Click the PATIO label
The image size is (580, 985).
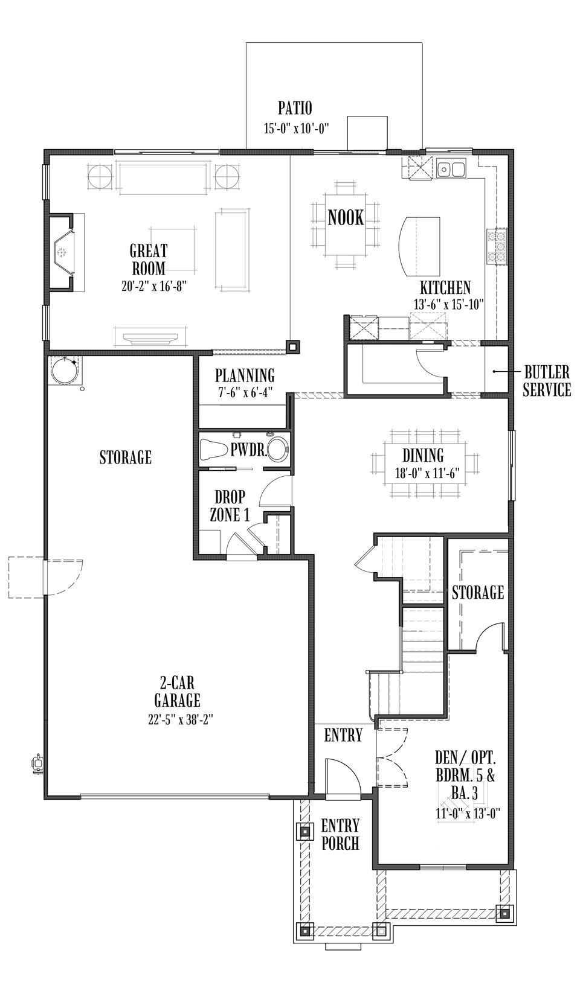coord(295,109)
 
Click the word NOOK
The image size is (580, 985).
coord(346,217)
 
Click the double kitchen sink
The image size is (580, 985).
coord(451,169)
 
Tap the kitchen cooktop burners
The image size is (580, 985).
coord(500,246)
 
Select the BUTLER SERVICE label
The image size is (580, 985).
coord(547,381)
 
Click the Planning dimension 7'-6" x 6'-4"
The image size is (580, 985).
coord(245,390)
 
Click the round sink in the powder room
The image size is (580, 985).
coord(277,450)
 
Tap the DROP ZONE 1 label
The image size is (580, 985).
coord(230,506)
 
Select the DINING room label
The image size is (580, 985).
coord(423,456)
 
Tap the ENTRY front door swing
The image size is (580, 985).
coord(341,779)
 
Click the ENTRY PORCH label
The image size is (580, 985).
coord(340,834)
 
